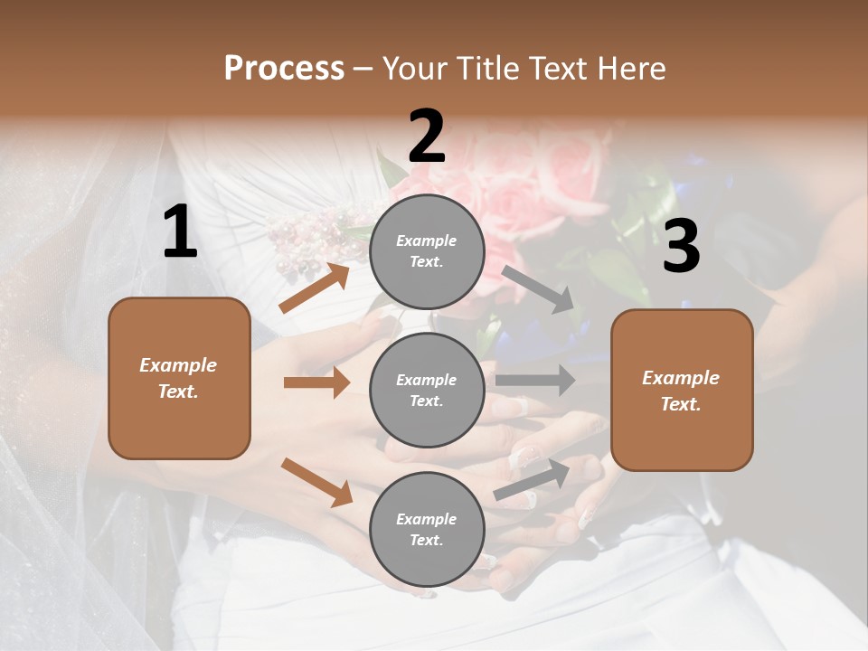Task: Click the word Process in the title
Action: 284,69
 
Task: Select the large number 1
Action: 180,231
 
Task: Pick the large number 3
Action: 681,247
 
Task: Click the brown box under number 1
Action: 179,378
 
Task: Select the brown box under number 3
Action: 682,390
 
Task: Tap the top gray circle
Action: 427,251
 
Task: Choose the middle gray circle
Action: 427,390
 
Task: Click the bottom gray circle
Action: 427,529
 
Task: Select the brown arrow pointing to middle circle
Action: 316,382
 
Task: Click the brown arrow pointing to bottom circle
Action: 316,482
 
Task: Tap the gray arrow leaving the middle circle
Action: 535,380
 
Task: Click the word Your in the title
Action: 415,69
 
